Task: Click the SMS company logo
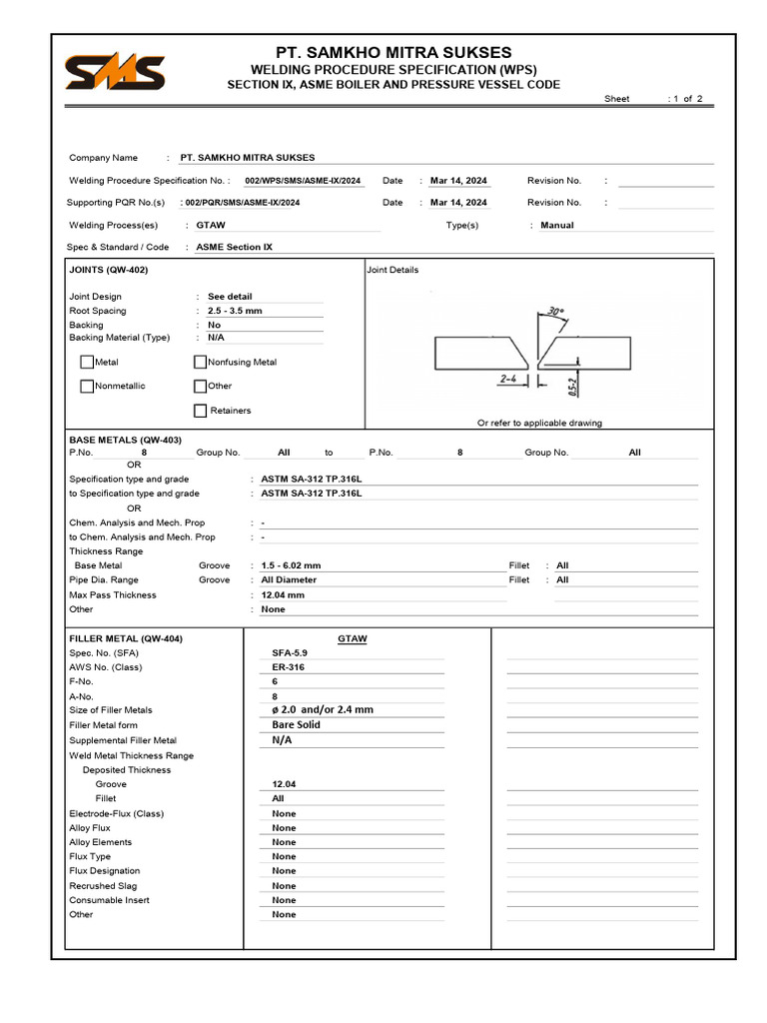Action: click(115, 72)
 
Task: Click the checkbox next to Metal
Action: click(87, 362)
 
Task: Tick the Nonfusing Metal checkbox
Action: click(200, 362)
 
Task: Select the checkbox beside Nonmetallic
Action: click(87, 386)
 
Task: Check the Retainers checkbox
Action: click(200, 411)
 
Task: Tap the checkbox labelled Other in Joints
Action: click(200, 386)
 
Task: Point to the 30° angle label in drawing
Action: click(554, 312)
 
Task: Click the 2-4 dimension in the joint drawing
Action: click(507, 380)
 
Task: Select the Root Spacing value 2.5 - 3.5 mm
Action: click(235, 311)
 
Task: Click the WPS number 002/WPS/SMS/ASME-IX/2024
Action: click(303, 181)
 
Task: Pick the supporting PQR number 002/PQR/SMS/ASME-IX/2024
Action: click(242, 203)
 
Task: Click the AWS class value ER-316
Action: click(288, 666)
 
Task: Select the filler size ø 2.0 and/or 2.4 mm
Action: click(322, 709)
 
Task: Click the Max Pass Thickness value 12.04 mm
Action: click(283, 594)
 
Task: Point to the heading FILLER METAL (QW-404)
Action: click(126, 638)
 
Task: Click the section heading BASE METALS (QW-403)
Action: click(125, 440)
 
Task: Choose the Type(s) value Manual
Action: click(557, 226)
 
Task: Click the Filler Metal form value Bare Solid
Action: click(296, 724)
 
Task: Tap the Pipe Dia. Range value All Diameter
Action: click(289, 579)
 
